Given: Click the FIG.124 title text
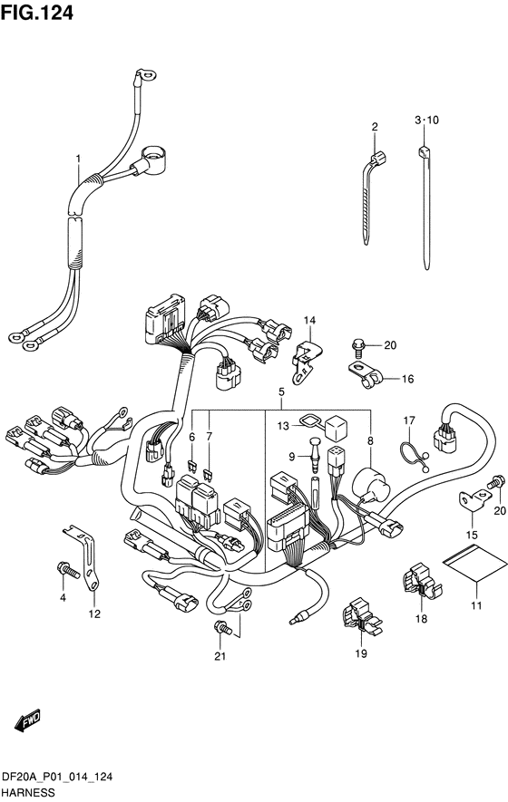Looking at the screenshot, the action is pos(37,13).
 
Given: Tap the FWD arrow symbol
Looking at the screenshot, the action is pos(27,720).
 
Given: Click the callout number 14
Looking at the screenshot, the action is pos(309,321).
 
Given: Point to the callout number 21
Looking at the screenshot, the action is pos(220,656).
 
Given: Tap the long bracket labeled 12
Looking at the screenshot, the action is pos(88,557).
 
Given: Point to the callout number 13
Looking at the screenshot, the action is pos(283,426).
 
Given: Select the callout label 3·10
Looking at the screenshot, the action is pos(426,121).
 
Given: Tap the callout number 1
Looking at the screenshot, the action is pos(78,159).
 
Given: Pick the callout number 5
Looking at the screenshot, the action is pos(281,392).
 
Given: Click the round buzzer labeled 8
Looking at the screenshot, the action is pos(370,484).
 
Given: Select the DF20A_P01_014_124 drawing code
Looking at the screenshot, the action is pos(57,778).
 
